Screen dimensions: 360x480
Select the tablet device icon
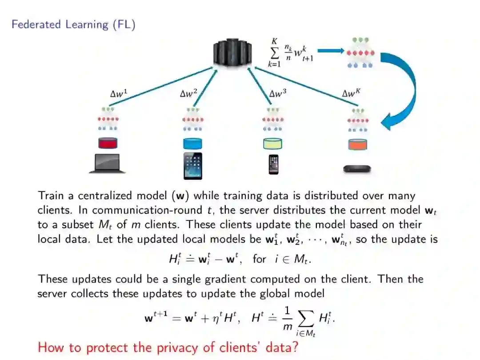click(192, 166)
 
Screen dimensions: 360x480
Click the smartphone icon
click(272, 164)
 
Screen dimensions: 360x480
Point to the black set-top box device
click(357, 169)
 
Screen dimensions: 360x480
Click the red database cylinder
click(108, 144)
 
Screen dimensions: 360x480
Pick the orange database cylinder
click(358, 145)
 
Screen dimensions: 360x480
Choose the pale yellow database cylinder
click(272, 144)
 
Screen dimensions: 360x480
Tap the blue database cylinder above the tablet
click(192, 144)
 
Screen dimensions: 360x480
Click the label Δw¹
click(119, 93)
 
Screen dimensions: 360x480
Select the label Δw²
click(188, 93)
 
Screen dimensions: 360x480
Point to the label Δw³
click(278, 94)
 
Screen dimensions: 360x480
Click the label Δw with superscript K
click(351, 93)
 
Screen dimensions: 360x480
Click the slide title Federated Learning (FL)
click(73, 24)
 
